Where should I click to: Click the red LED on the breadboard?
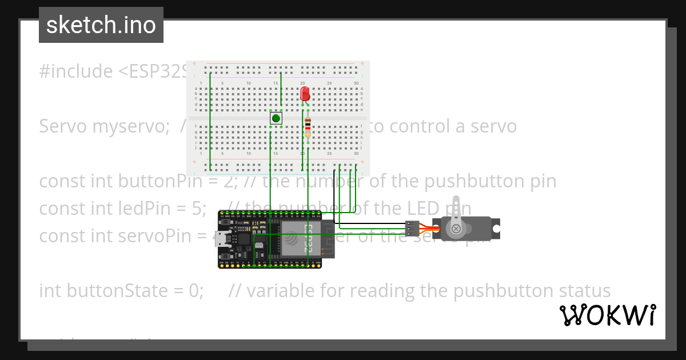(305, 94)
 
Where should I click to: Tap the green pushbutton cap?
(277, 118)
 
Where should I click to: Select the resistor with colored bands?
(308, 127)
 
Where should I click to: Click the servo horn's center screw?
(456, 229)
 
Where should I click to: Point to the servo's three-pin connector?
(412, 229)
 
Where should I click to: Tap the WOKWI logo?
(608, 315)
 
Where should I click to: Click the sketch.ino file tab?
(101, 25)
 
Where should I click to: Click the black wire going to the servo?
(372, 223)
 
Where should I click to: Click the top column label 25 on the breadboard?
(329, 83)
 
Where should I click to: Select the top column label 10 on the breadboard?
(249, 83)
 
